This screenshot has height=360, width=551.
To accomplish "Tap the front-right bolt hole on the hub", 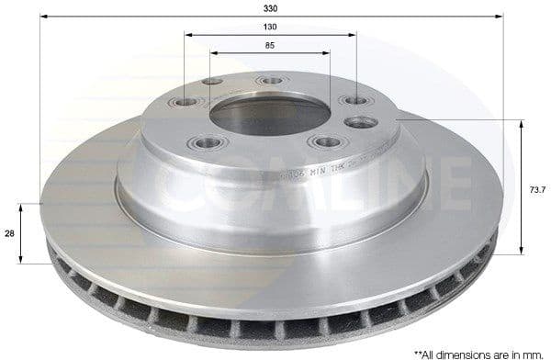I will pyautogui.click(x=324, y=142).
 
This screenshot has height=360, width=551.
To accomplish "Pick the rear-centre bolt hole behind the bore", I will pyautogui.click(x=271, y=81).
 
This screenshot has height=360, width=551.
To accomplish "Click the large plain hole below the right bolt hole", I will pyautogui.click(x=360, y=122).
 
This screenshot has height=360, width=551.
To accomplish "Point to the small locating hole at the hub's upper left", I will pyautogui.click(x=213, y=82).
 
